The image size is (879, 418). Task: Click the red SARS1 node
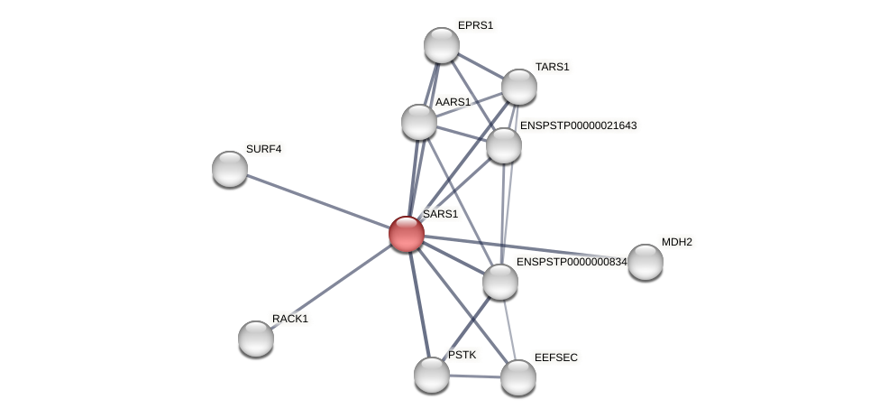[407, 234]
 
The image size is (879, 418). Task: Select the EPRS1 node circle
[442, 45]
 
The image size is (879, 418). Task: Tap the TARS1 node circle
[519, 87]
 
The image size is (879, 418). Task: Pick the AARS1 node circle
[419, 122]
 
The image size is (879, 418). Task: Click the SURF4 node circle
[230, 169]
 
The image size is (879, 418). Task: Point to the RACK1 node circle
[256, 339]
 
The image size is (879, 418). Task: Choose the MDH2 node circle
[646, 262]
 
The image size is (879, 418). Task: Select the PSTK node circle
[432, 375]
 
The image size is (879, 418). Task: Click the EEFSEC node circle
[518, 377]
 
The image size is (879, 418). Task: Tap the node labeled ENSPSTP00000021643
[504, 145]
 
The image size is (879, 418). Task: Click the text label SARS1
[441, 215]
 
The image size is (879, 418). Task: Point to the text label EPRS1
[475, 25]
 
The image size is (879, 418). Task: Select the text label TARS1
[552, 67]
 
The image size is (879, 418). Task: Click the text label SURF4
[263, 149]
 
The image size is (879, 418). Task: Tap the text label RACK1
[289, 319]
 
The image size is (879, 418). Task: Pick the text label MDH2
[676, 242]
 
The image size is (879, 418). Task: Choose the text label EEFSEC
[555, 358]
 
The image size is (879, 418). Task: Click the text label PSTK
[462, 355]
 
